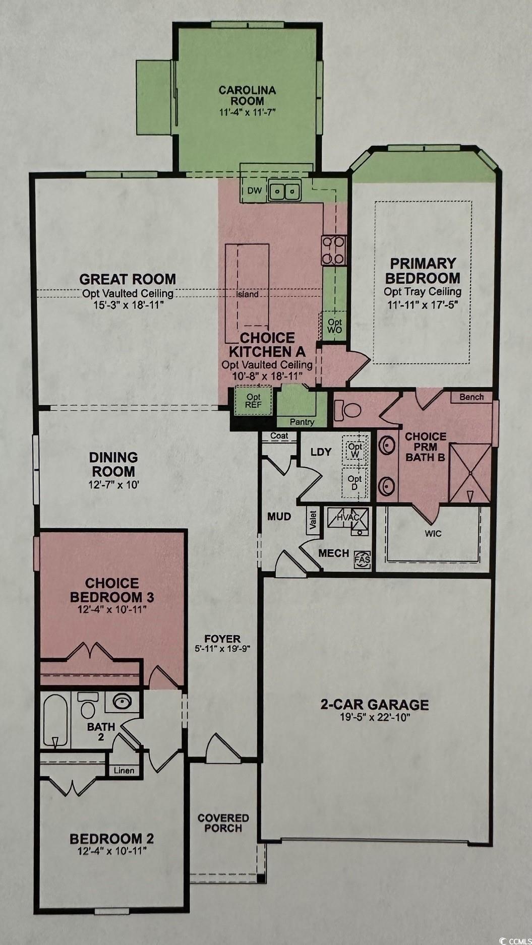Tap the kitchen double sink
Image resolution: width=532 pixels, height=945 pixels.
(x=285, y=191)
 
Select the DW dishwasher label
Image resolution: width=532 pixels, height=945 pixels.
(x=254, y=191)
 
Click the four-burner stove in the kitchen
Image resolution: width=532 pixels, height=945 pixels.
(x=334, y=250)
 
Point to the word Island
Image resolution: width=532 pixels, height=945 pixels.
(x=248, y=294)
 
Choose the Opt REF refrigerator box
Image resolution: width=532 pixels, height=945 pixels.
(x=253, y=401)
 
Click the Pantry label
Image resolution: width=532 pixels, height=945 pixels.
(x=302, y=422)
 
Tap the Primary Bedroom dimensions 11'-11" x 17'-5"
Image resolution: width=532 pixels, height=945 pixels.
(x=423, y=304)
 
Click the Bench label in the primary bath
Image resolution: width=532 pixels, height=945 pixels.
(x=471, y=397)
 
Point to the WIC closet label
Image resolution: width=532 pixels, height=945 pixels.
(x=433, y=533)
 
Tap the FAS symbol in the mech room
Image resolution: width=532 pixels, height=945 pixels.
(x=363, y=559)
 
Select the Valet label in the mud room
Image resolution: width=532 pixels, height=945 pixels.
(x=313, y=521)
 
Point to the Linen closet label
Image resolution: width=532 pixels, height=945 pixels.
(x=124, y=770)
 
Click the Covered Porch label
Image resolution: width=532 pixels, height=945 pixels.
(x=223, y=823)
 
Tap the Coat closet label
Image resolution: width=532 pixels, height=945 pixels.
(x=279, y=435)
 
